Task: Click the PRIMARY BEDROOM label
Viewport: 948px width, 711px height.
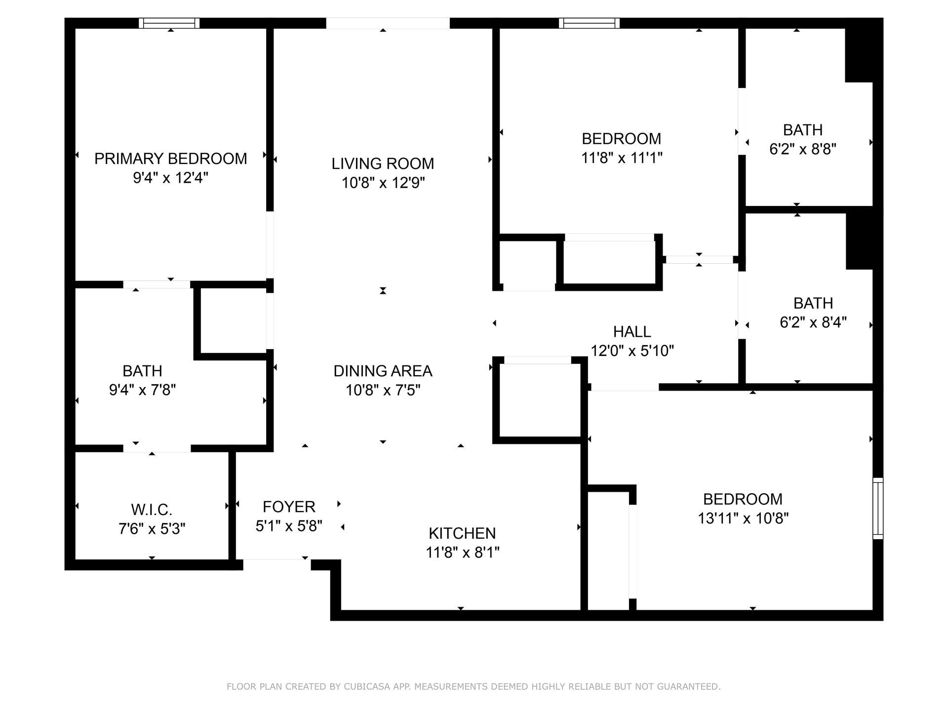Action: [170, 158]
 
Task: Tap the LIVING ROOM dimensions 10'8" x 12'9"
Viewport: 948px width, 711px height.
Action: [383, 183]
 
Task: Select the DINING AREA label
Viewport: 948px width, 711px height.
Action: [383, 371]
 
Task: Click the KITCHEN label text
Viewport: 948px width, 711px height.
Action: [462, 533]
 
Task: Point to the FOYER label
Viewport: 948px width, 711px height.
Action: [289, 507]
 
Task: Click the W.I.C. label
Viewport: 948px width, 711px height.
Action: [152, 509]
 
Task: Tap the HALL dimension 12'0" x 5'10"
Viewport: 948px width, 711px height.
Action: [632, 351]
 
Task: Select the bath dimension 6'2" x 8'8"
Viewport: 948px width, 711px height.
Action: [803, 149]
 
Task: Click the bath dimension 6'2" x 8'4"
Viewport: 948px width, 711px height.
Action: [813, 322]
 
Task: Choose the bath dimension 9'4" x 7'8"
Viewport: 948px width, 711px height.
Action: [142, 390]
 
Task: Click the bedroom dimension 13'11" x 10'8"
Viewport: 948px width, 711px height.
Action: [743, 518]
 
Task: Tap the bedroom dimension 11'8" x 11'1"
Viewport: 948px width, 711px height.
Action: [621, 158]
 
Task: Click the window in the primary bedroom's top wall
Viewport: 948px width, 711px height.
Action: [169, 23]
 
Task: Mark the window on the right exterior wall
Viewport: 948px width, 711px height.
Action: [877, 508]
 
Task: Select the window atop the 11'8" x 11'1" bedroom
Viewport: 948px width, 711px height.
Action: [589, 23]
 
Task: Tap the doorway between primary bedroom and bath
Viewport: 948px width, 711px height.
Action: [157, 284]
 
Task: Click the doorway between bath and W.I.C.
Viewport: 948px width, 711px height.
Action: [157, 448]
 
